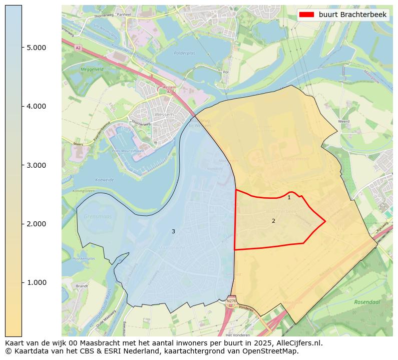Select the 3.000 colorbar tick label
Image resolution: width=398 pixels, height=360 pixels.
tap(36, 165)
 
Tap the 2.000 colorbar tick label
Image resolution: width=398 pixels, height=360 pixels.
tap(36, 224)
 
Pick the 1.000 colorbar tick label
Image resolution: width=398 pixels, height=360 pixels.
tap(36, 282)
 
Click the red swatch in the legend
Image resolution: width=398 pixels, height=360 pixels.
tap(306, 15)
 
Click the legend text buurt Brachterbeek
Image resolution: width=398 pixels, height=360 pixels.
tap(352, 15)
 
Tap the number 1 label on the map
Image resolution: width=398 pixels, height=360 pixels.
tap(289, 198)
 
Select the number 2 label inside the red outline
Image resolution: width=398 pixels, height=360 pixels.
tap(273, 221)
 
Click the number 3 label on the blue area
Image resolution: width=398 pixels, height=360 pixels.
tap(173, 231)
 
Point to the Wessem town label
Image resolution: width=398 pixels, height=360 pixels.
tap(164, 115)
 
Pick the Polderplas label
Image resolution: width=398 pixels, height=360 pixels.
tap(183, 53)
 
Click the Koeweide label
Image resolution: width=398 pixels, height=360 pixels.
tap(103, 180)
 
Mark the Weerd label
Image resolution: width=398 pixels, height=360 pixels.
tap(344, 121)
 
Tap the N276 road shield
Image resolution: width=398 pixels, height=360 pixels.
tap(231, 301)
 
